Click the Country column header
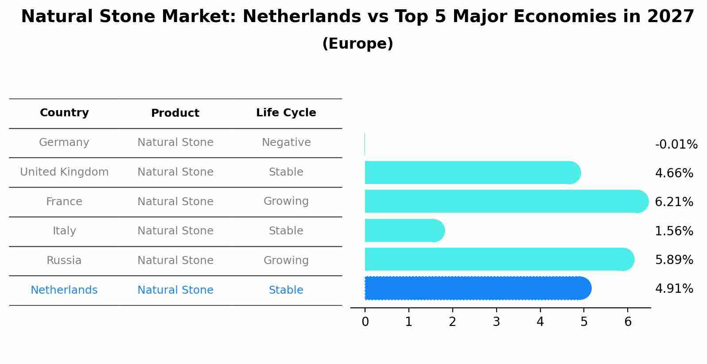coord(64,113)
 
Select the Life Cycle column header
coord(286,113)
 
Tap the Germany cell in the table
coord(64,142)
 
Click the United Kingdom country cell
coord(64,172)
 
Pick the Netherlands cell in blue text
coord(64,290)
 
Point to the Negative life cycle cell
coord(286,142)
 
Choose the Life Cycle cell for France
coord(286,201)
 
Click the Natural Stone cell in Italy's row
coord(175,231)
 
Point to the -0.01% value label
coord(676,145)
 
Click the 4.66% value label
coord(674,173)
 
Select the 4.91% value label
coord(674,289)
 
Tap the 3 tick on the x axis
coord(496,322)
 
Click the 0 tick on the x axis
coord(365,322)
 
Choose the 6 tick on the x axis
coord(628,322)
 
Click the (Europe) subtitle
coord(357,44)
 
